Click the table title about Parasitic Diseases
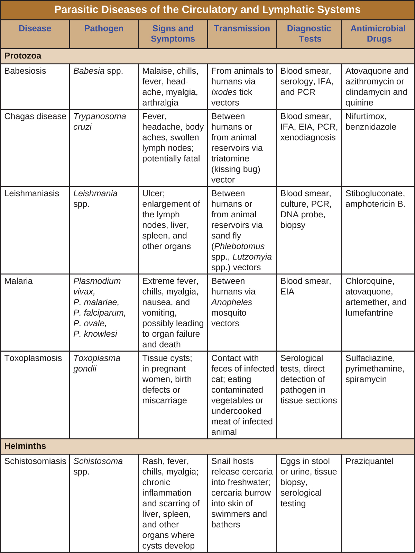[207, 10]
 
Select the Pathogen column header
[104, 28]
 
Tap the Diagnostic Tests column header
[309, 34]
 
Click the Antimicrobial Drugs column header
[378, 34]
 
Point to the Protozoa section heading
[23, 56]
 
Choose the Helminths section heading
[25, 446]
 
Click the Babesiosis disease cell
[25, 71]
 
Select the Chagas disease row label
[35, 116]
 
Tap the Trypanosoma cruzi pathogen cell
[100, 121]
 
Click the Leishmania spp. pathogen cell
[95, 199]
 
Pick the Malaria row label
[19, 281]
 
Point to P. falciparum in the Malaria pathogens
[100, 313]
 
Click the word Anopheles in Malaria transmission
[232, 302]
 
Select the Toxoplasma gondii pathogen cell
[97, 363]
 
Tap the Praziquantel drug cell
[369, 461]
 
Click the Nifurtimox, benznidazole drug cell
[371, 121]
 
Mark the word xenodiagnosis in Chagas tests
[308, 137]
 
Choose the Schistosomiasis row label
[35, 461]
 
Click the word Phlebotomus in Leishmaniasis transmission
[239, 246]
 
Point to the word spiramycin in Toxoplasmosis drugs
[366, 379]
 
